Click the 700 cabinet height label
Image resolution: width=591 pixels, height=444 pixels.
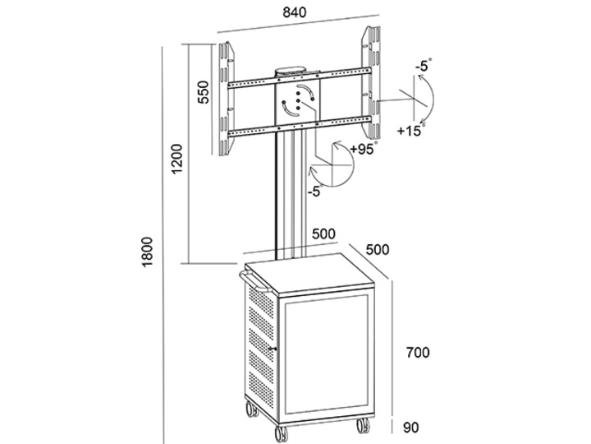(x=419, y=353)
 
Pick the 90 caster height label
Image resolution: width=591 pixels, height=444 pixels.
(x=411, y=427)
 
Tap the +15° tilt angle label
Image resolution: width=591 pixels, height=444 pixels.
(x=410, y=131)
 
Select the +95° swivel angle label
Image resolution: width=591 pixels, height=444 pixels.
(x=362, y=148)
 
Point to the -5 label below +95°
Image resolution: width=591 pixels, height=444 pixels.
(x=313, y=192)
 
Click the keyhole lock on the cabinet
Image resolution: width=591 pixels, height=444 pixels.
(x=275, y=353)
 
